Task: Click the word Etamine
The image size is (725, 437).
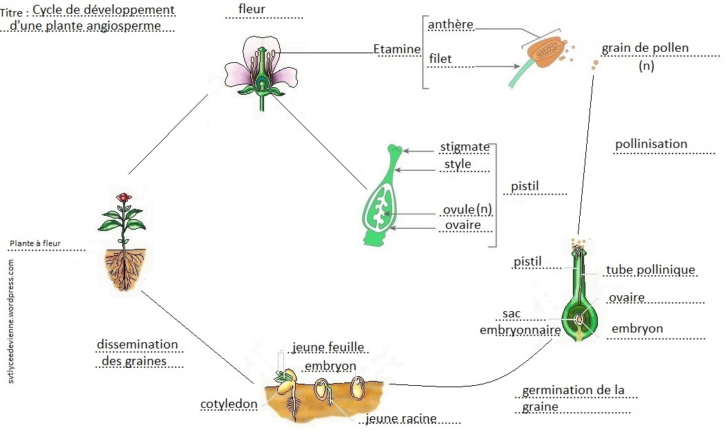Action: (397, 49)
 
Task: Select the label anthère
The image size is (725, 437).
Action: (451, 25)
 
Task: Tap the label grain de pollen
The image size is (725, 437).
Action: (646, 48)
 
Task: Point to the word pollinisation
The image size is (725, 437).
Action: (651, 145)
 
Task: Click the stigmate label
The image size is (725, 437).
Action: (464, 147)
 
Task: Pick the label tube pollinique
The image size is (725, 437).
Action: (650, 270)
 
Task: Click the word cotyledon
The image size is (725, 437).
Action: (229, 404)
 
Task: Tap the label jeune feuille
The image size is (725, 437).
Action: (328, 346)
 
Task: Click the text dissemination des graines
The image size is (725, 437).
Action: (138, 353)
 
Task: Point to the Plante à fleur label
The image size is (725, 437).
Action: (35, 243)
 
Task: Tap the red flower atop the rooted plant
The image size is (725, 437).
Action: (124, 198)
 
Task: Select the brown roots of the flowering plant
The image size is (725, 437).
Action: (126, 270)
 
